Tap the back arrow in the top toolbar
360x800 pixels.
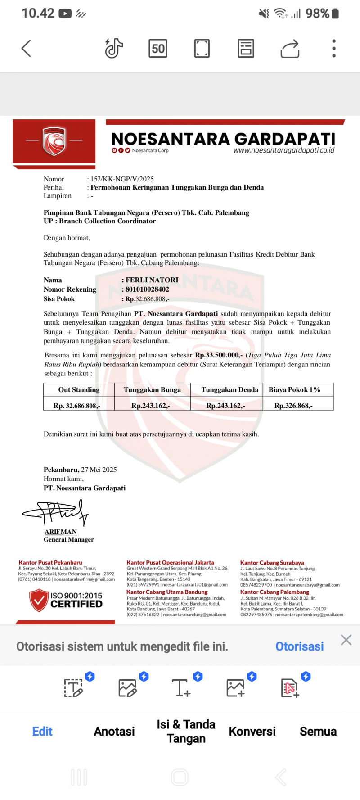coord(26,49)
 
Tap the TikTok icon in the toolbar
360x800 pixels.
coord(114,48)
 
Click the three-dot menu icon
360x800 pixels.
coord(333,48)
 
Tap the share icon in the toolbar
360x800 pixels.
coord(290,49)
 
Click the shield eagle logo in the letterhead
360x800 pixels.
coord(54,140)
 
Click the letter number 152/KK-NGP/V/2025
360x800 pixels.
coord(122,179)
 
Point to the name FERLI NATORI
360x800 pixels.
coord(152,280)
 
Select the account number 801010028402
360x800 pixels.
coord(147,289)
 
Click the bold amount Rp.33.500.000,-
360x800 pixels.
coord(219,355)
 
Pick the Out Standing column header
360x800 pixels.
coord(79,390)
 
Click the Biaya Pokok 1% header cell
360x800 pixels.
coord(294,390)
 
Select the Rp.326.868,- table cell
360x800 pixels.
coord(293,406)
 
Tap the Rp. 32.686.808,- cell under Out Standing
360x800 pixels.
coord(77,406)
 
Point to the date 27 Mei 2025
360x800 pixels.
coord(99,470)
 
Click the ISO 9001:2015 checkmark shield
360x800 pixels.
coord(39,600)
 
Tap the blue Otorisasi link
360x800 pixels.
coord(299,646)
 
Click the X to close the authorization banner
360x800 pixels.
coord(346,640)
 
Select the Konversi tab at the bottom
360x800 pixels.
coord(252,732)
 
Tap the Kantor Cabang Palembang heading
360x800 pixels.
coord(274,592)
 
